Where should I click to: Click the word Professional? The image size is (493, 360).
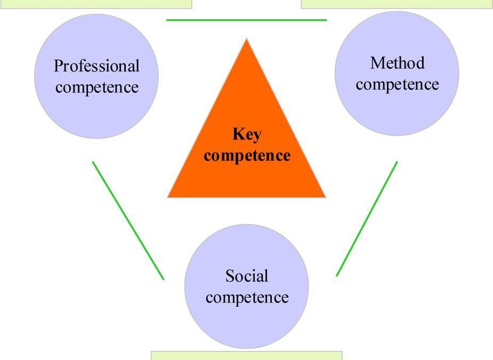tap(96, 66)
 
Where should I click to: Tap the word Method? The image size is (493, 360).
tap(398, 63)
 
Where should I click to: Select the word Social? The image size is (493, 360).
tap(247, 276)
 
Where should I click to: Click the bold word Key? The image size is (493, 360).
tap(247, 135)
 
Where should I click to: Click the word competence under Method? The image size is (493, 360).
tap(398, 85)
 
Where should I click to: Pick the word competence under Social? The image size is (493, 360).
tap(247, 298)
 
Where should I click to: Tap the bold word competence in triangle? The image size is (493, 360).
tap(247, 156)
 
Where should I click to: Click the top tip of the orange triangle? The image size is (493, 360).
tap(246, 39)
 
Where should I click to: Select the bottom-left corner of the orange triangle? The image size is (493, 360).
tap(167, 197)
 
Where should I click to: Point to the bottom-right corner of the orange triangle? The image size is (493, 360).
tap(326, 197)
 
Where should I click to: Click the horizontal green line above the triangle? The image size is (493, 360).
tap(246, 20)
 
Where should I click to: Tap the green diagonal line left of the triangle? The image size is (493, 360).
tap(128, 221)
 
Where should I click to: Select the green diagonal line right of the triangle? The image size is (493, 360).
tap(367, 219)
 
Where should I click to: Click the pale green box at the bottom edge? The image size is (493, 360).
tap(246, 356)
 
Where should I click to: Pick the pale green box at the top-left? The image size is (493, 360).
tap(96, 4)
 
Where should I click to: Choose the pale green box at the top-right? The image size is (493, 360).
tap(397, 4)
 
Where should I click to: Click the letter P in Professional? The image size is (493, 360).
tap(59, 66)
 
